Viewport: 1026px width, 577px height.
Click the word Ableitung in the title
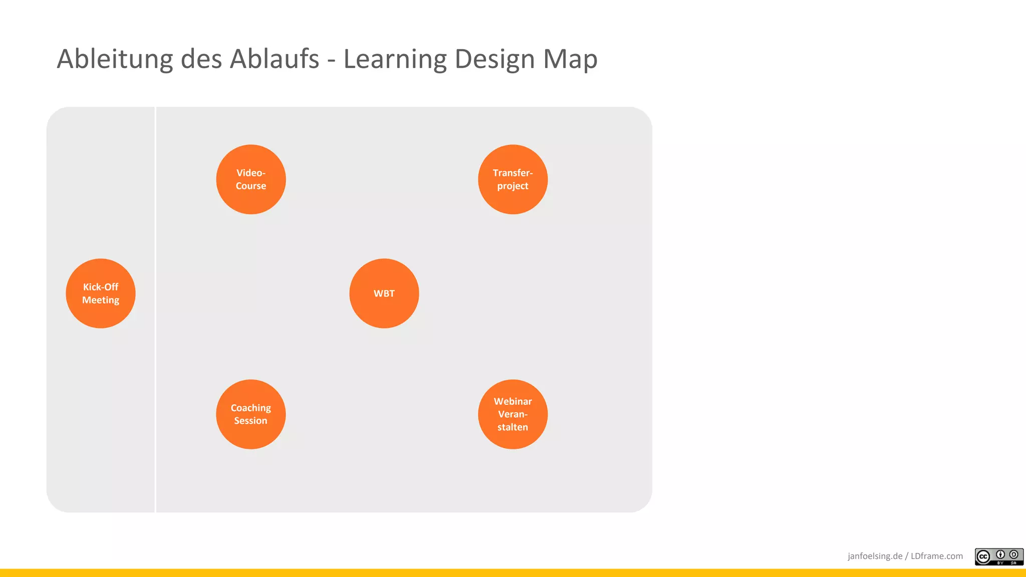(x=115, y=59)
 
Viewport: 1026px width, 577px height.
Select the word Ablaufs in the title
(x=275, y=59)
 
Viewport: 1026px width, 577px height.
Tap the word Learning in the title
(x=394, y=59)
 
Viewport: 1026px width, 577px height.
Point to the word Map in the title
(x=570, y=59)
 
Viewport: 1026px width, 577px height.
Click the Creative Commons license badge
(x=998, y=556)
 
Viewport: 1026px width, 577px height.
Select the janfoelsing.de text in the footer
(x=875, y=556)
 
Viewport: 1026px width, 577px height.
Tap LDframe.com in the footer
(x=936, y=556)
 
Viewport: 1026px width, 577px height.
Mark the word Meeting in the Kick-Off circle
(x=101, y=300)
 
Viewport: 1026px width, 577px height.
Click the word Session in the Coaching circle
(x=250, y=421)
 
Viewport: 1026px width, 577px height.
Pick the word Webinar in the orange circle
(x=512, y=401)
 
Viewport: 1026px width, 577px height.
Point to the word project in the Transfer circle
(x=512, y=186)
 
